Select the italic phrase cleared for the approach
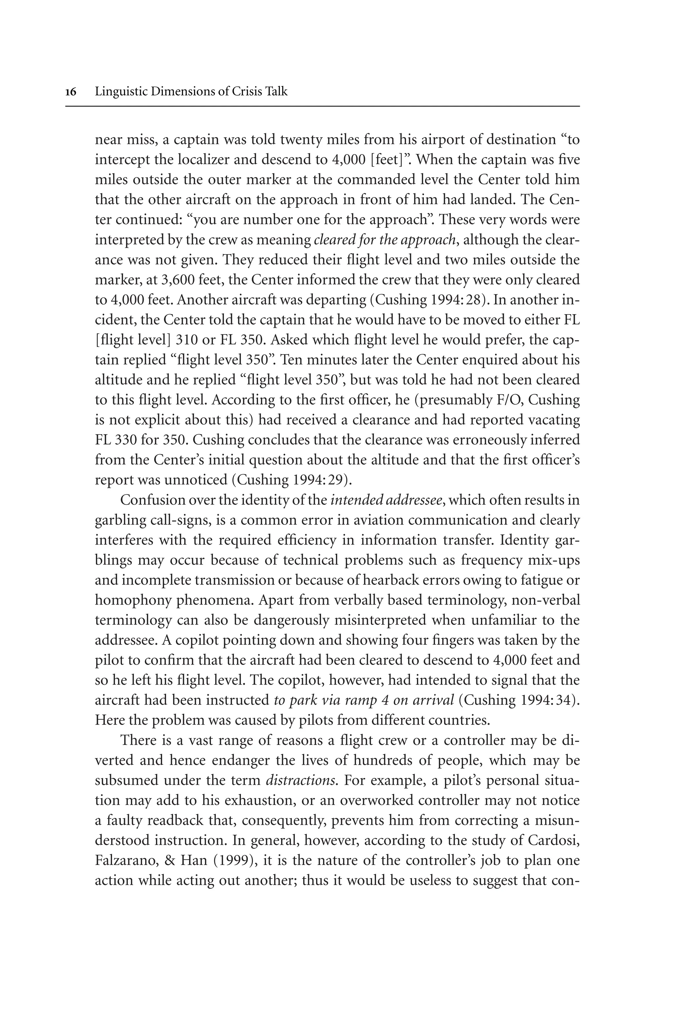pos(384,240)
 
